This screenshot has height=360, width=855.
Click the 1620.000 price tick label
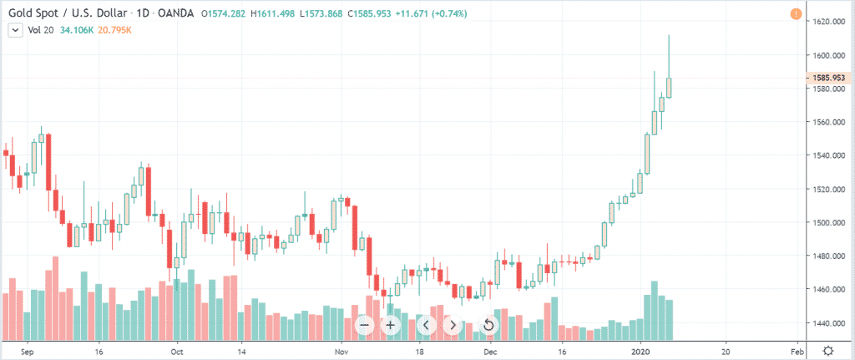(831, 22)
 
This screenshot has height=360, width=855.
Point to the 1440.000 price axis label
(831, 323)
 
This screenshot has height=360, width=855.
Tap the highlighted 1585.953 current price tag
(831, 78)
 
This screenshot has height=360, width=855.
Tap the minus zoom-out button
(364, 324)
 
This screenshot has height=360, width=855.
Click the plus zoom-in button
(390, 324)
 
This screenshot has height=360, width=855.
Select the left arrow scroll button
(426, 324)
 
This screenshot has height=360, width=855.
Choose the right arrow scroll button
(452, 324)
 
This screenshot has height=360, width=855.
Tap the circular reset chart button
(489, 324)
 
